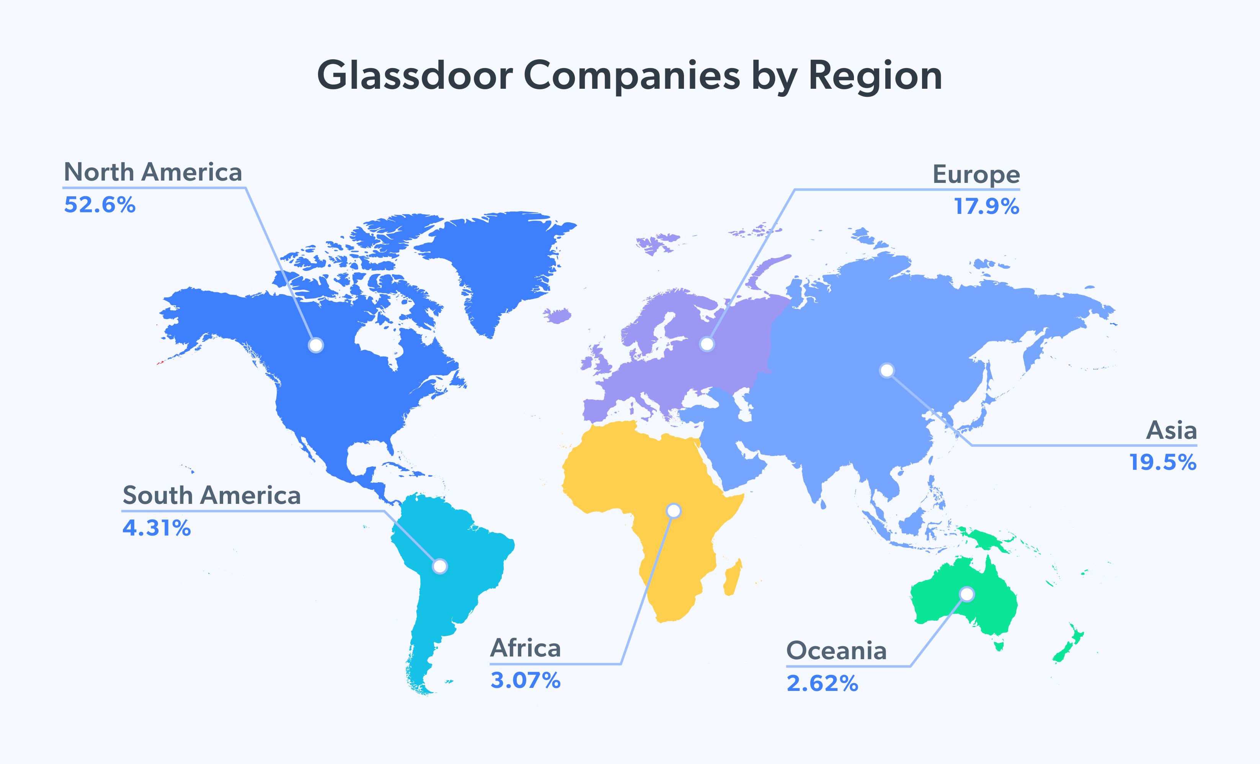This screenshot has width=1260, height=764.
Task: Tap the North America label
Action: tap(152, 172)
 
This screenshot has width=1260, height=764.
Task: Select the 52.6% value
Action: tap(100, 205)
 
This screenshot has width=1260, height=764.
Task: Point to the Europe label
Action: tap(976, 174)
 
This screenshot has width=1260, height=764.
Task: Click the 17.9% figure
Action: tap(986, 207)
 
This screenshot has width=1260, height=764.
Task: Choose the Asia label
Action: tap(1171, 430)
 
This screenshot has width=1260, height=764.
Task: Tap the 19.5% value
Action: tap(1162, 463)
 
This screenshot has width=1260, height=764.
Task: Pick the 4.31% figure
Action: tap(157, 528)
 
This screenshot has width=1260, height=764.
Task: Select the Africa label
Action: tap(525, 648)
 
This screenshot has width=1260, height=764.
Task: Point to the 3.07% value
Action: tap(525, 681)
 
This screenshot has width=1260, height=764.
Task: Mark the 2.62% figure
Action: tap(822, 684)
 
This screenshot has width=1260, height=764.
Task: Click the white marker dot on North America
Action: tap(316, 345)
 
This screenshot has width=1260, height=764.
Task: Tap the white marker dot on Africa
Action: tap(674, 510)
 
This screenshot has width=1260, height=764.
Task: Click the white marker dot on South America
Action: tap(440, 566)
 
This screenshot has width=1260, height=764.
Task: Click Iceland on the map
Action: tap(558, 315)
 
